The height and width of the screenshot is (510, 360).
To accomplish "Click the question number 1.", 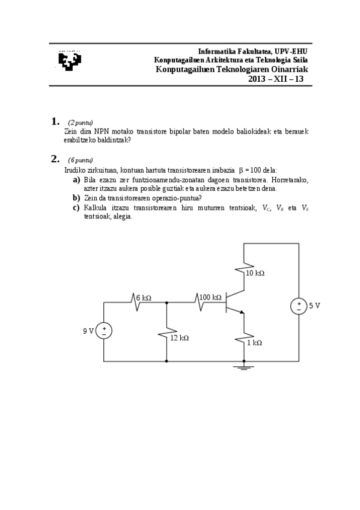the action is pyautogui.click(x=56, y=121).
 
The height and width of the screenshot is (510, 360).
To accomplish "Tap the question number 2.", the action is pyautogui.click(x=56, y=159).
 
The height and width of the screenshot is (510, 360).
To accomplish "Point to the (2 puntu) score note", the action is pyautogui.click(x=80, y=122).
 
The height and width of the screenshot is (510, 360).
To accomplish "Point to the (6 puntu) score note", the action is pyautogui.click(x=80, y=160).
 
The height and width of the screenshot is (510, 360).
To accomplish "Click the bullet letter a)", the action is pyautogui.click(x=76, y=180).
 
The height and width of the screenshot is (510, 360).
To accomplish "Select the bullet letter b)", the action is pyautogui.click(x=76, y=198).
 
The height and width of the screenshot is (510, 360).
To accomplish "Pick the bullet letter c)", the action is pyautogui.click(x=76, y=207).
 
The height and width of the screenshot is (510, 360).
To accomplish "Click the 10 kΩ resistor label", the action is pyautogui.click(x=255, y=272).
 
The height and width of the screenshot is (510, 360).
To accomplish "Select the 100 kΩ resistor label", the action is pyautogui.click(x=211, y=297).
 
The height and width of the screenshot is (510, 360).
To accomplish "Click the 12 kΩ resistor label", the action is pyautogui.click(x=179, y=338).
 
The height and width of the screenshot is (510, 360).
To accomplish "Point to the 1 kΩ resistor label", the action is pyautogui.click(x=255, y=342).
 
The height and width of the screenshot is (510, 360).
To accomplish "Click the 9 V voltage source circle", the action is pyautogui.click(x=104, y=331).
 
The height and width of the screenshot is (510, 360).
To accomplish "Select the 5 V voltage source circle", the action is pyautogui.click(x=298, y=307).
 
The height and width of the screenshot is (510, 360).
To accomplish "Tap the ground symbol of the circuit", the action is pyautogui.click(x=243, y=366).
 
